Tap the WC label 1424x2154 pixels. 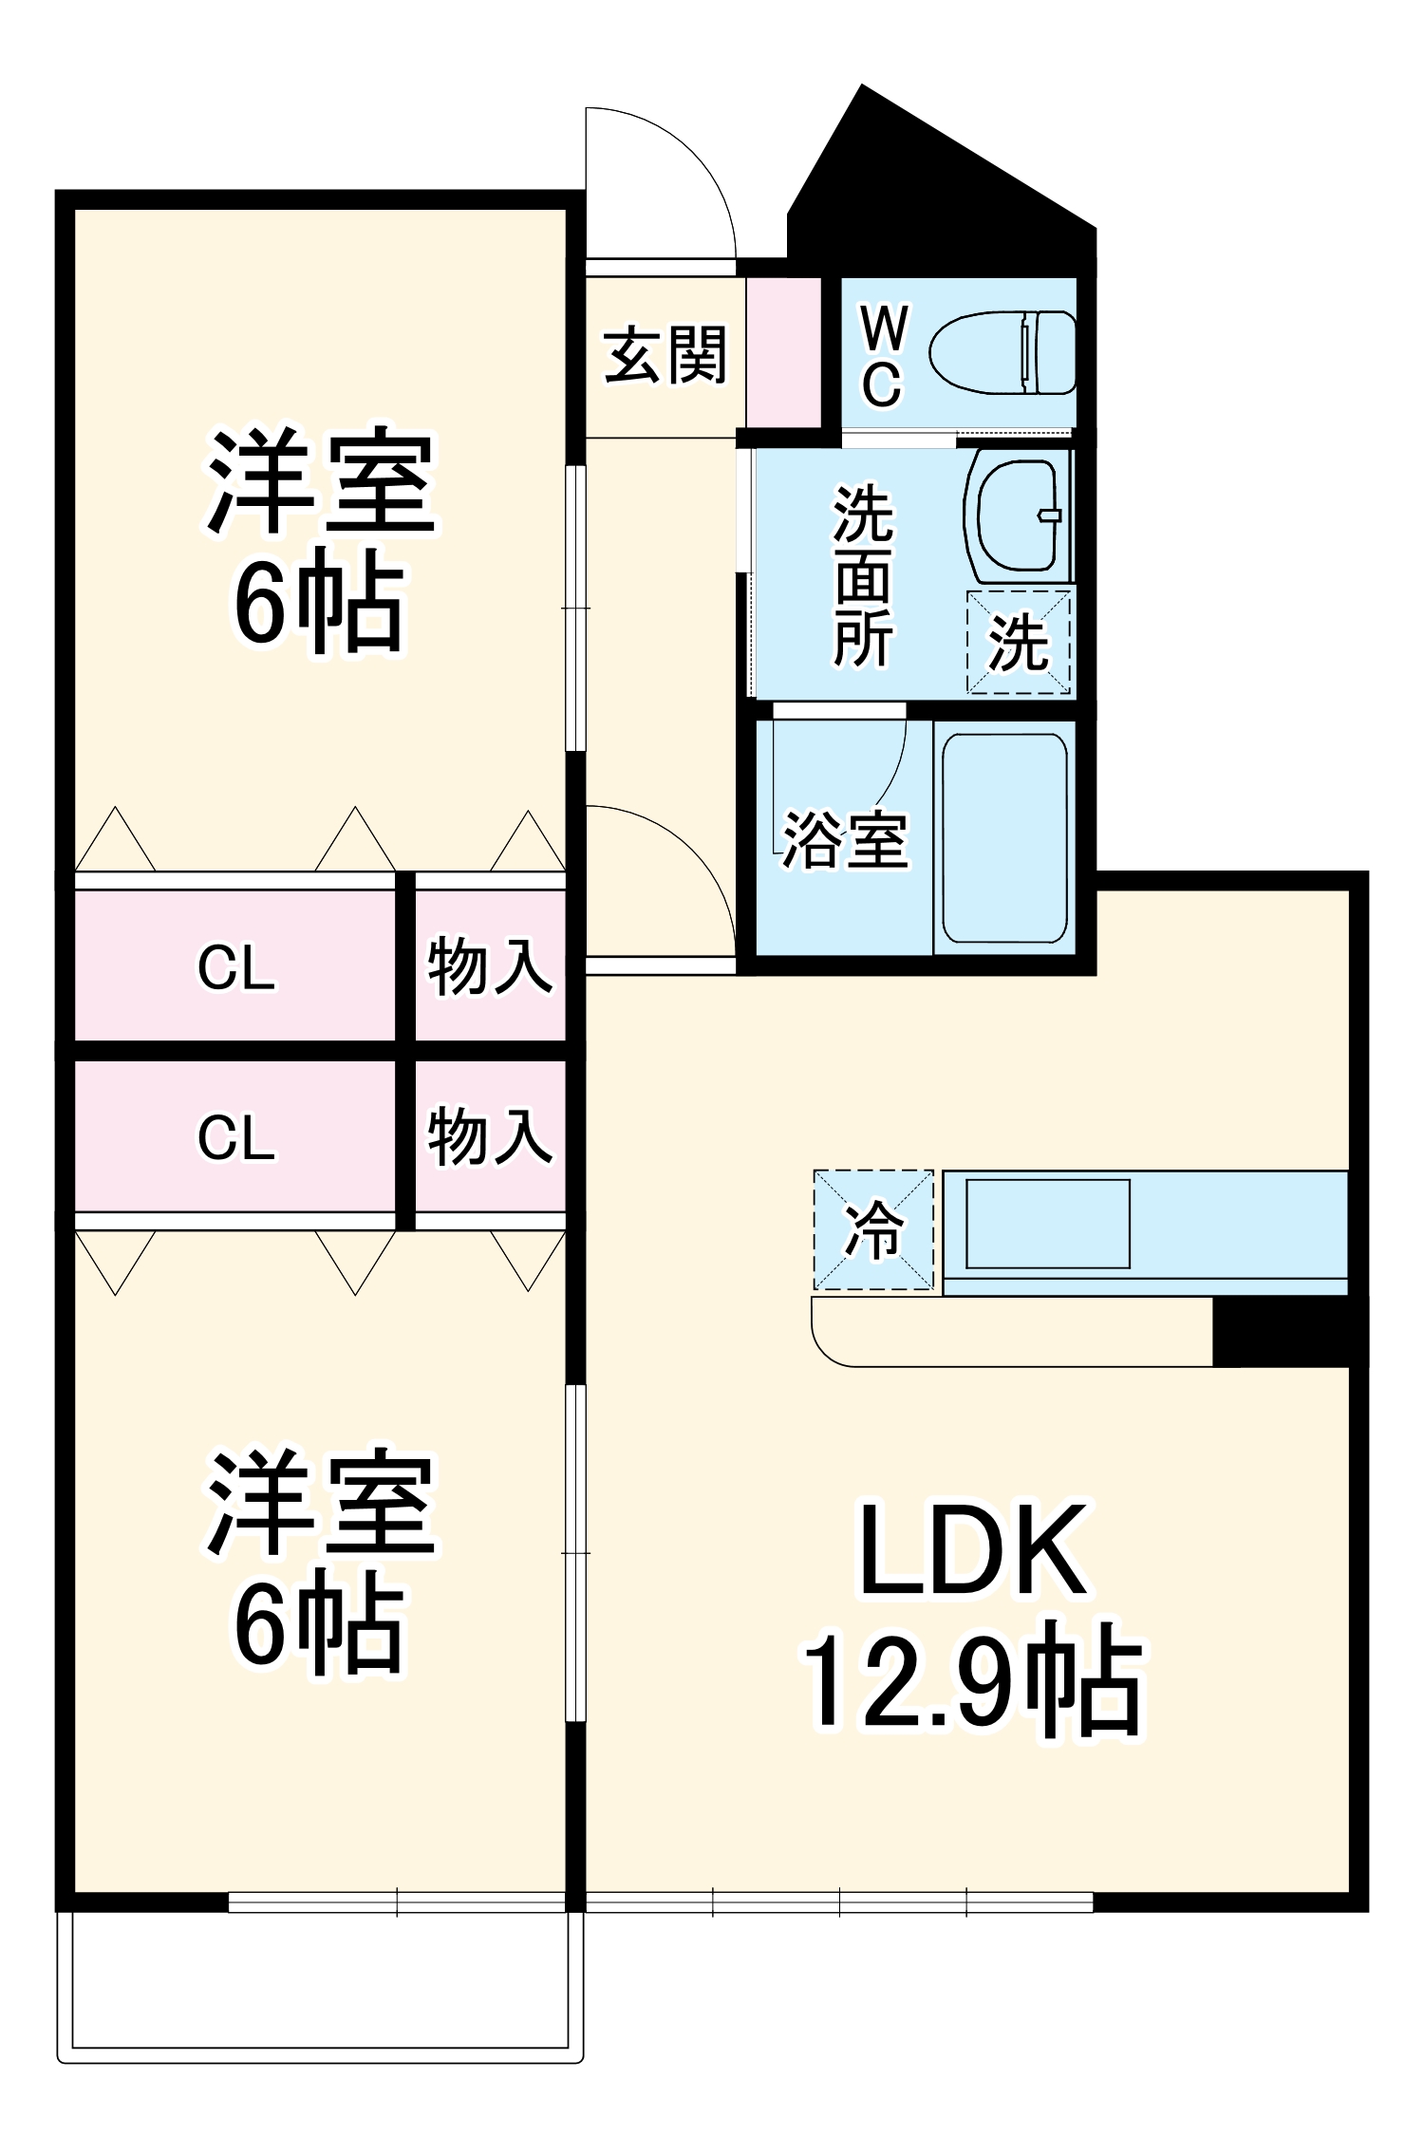tap(883, 356)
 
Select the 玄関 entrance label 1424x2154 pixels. tap(665, 355)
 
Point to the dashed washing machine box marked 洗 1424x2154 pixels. tap(1019, 643)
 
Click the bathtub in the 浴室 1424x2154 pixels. tap(1004, 837)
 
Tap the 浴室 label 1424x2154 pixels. tap(845, 840)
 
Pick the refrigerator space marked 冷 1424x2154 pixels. tap(873, 1230)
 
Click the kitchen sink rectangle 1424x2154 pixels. tap(1048, 1224)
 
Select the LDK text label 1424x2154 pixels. tap(972, 1551)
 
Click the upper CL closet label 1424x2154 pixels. tap(236, 968)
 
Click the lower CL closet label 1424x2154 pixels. tap(236, 1136)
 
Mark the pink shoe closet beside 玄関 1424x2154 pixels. tap(783, 352)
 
